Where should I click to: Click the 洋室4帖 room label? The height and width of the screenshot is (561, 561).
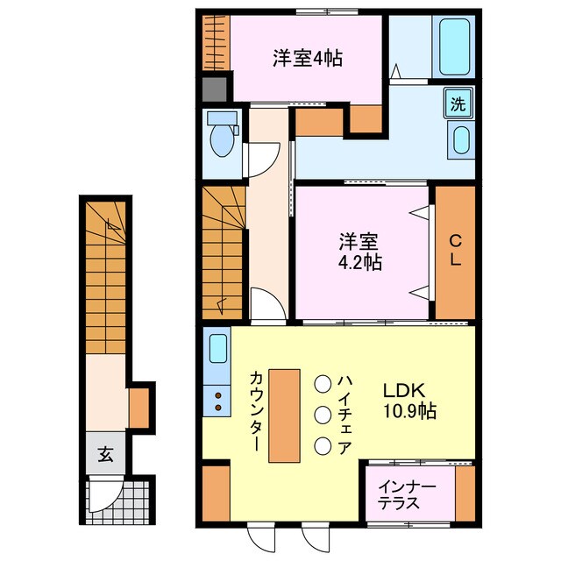306,59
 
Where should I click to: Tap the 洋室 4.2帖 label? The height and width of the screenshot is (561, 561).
360,251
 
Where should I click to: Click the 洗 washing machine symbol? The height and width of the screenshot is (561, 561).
458,104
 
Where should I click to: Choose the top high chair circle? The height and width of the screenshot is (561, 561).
323,383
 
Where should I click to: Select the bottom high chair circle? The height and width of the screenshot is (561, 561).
323,446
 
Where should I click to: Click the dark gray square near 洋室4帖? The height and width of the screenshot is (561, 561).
214,89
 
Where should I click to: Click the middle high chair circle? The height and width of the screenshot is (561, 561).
323,415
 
